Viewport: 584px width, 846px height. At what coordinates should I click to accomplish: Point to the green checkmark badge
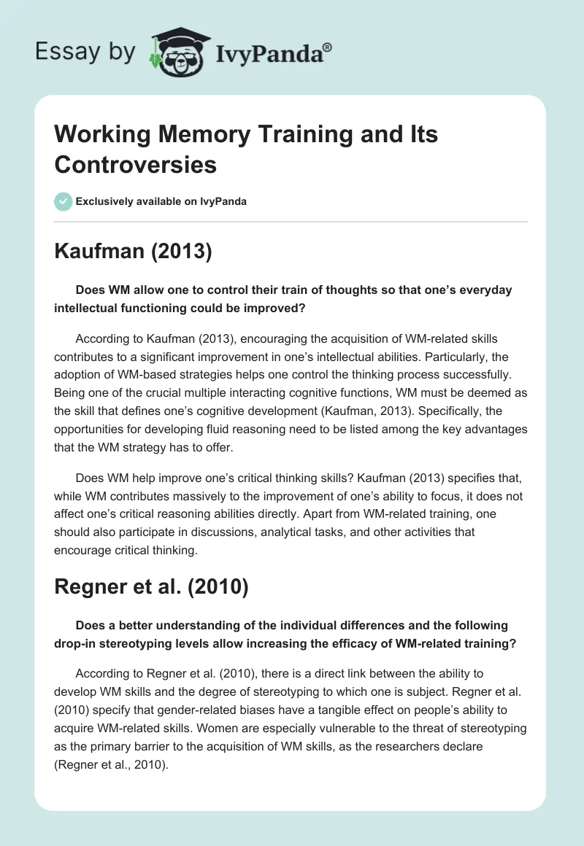pos(63,201)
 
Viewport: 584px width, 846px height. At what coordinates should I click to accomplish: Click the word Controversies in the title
pos(136,165)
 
